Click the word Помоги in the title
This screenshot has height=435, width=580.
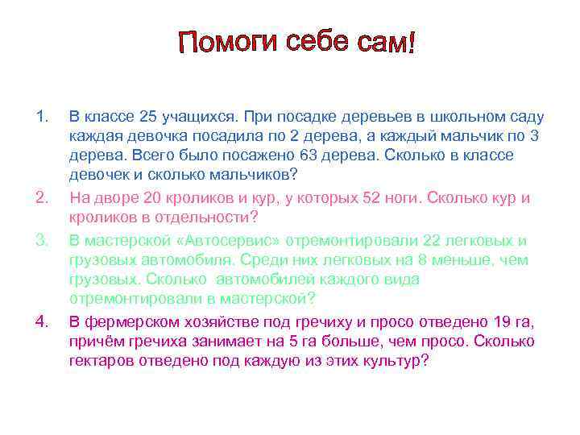228,42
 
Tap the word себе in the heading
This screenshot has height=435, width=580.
319,41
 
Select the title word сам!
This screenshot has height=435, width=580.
384,41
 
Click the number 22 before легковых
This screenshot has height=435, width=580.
432,240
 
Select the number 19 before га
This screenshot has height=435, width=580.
499,322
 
